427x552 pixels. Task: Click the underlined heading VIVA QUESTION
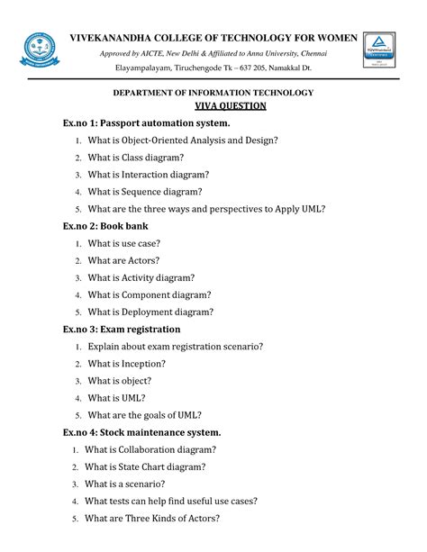tap(212, 105)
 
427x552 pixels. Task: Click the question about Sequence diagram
tap(158, 191)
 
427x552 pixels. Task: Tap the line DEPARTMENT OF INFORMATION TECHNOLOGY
tap(212, 93)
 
